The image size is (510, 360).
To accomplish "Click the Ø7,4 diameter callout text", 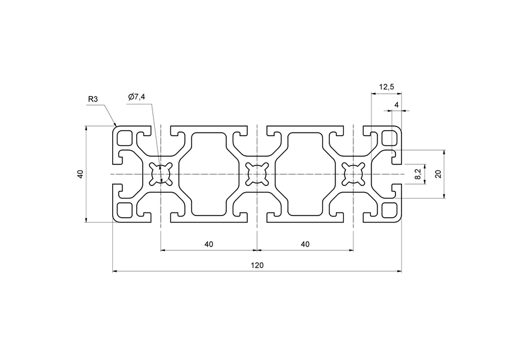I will coord(137,97).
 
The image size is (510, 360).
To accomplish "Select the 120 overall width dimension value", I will coord(257,265).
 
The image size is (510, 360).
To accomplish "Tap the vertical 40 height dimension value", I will coord(80,174).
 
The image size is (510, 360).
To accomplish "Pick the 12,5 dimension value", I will coord(386,88).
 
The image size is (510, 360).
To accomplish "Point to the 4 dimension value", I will coord(396,105).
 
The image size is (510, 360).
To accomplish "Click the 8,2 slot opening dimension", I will coord(418,174).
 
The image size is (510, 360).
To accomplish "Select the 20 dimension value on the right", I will coord(438,174).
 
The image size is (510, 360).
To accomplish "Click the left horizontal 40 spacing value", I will coord(209,244).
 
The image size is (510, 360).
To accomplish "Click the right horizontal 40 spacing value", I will coord(305,244).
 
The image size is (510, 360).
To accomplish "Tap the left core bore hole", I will coord(161,175).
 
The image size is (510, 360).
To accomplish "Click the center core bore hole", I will coord(257,175).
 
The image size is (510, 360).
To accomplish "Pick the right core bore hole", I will coord(353,175).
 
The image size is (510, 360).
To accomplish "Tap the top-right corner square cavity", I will coord(389,139).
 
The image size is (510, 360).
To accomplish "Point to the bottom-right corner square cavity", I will coord(389,210).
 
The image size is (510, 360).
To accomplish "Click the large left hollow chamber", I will coord(209,175).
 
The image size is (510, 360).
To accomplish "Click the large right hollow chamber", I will coord(305,175).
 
